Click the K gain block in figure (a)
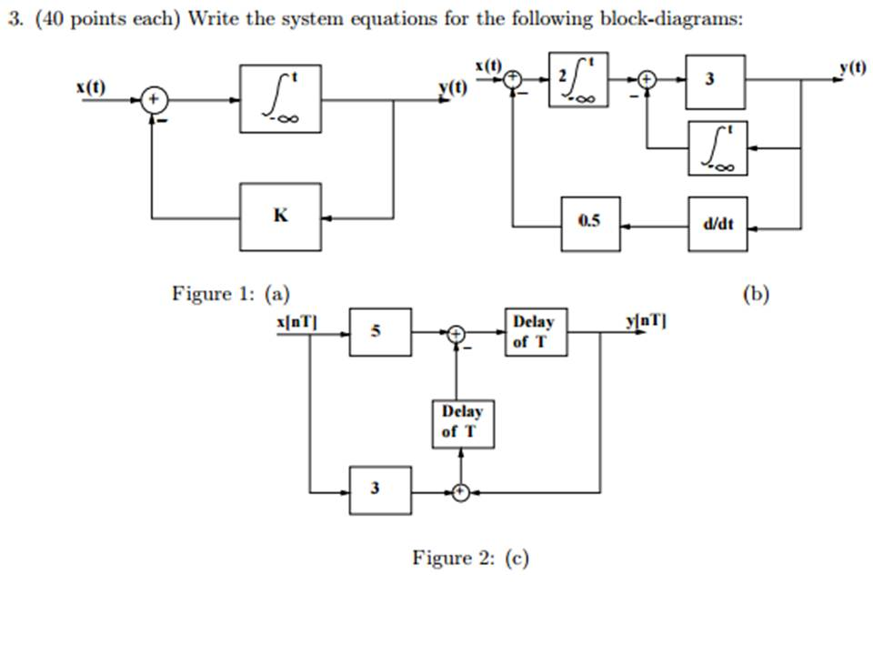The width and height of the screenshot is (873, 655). point(279,217)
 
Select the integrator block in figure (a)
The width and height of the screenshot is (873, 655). point(279,99)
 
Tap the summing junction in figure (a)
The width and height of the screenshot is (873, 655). point(154,99)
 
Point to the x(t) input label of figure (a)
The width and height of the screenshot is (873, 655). point(90,86)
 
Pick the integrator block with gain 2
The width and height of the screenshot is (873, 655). point(577,79)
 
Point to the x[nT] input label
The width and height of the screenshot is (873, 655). point(296,320)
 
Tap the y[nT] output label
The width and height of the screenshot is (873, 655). point(647,320)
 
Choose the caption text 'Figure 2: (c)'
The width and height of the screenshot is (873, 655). point(470,558)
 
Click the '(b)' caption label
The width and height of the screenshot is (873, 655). point(756,293)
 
